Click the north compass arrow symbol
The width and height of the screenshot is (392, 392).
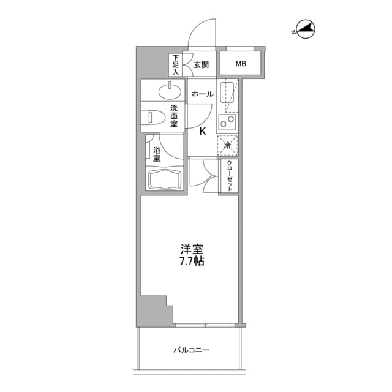(304, 28)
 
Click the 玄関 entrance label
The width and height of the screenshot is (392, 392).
(202, 64)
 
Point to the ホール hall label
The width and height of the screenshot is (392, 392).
(202, 94)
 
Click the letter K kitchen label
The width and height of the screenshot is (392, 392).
(203, 130)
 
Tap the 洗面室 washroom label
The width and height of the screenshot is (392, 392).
(173, 115)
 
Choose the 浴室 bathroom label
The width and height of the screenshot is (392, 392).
(157, 154)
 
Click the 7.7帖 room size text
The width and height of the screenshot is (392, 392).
(191, 261)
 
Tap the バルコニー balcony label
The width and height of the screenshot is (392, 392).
(191, 350)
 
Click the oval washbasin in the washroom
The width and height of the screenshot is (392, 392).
(170, 92)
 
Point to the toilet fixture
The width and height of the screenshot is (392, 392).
(153, 116)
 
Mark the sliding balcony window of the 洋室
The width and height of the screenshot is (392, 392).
(205, 323)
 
